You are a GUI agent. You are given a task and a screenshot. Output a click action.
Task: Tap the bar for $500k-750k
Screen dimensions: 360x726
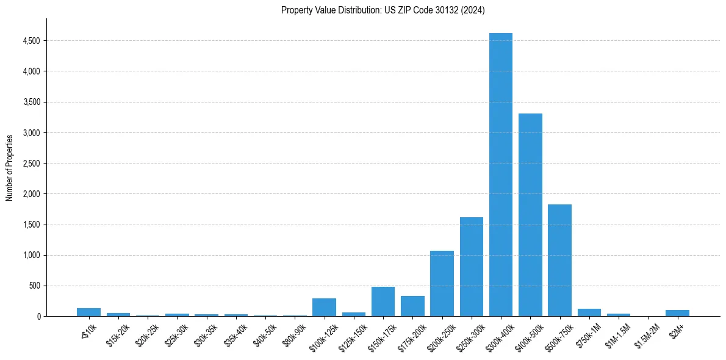click(x=559, y=260)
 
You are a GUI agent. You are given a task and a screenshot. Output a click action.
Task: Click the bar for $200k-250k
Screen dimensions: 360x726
click(x=442, y=283)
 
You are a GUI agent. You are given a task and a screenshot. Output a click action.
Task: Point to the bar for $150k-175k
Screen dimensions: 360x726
click(x=383, y=301)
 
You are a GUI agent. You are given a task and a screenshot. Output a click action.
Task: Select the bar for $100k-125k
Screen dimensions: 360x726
click(x=324, y=307)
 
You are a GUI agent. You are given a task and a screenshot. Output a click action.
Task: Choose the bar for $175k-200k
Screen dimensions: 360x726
click(x=412, y=306)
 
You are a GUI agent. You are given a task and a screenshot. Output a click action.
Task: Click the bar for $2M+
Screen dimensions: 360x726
click(x=677, y=312)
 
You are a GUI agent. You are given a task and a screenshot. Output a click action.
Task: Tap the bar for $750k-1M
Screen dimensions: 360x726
click(x=589, y=312)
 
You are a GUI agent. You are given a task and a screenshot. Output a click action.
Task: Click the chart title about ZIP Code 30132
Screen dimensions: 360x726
click(x=383, y=10)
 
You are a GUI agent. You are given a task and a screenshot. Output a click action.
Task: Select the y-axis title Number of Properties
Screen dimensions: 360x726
click(x=10, y=167)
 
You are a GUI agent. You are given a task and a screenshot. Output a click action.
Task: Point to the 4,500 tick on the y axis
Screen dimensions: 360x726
click(x=31, y=41)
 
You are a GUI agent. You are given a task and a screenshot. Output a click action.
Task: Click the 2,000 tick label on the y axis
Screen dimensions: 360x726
click(x=31, y=194)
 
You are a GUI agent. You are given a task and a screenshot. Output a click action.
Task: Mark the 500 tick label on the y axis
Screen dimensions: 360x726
click(x=34, y=286)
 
